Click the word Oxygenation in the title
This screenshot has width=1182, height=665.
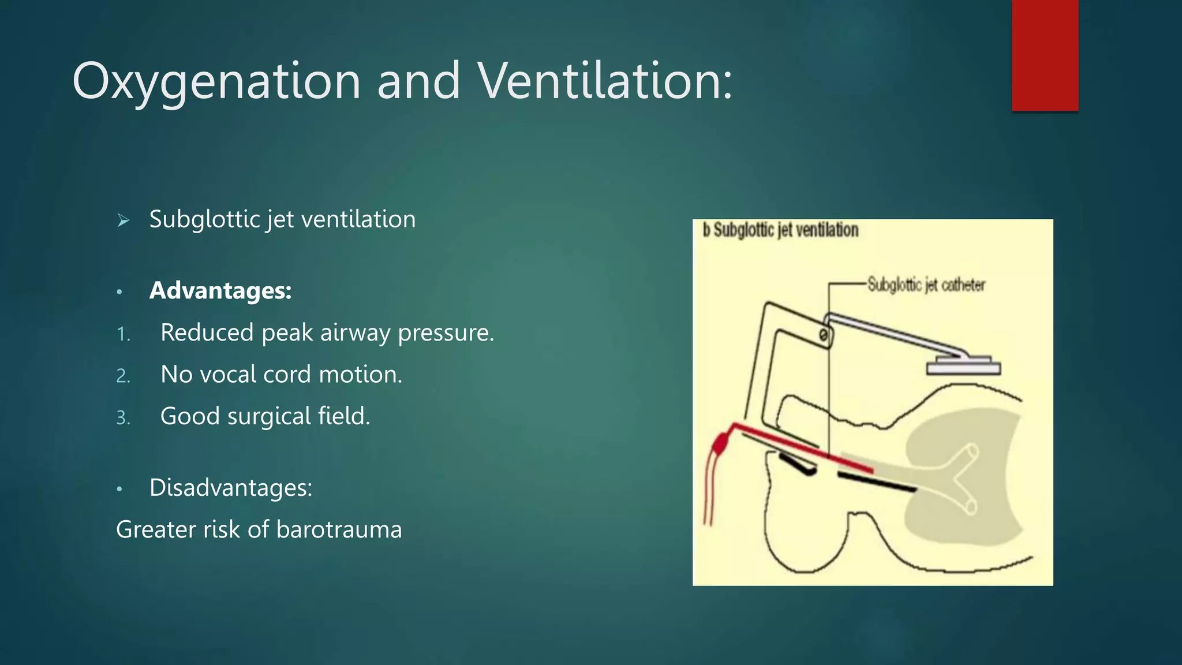pyautogui.click(x=216, y=82)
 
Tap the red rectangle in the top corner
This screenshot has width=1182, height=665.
pyautogui.click(x=1045, y=55)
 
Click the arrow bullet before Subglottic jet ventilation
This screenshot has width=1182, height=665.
pyautogui.click(x=123, y=220)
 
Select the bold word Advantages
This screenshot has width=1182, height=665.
pyautogui.click(x=220, y=290)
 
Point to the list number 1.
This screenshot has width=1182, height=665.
pyautogui.click(x=123, y=334)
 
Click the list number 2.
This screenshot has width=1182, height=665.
pyautogui.click(x=123, y=376)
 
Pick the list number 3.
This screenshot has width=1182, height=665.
pyautogui.click(x=123, y=417)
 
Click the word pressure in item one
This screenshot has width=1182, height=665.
pyautogui.click(x=446, y=333)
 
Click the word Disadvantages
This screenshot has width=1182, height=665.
pyautogui.click(x=230, y=488)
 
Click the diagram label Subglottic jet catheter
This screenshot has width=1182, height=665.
pyautogui.click(x=926, y=285)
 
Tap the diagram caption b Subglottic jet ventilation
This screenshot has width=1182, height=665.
pyautogui.click(x=780, y=230)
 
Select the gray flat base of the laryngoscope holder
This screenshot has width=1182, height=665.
pyautogui.click(x=963, y=368)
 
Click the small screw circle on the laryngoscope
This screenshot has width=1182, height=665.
pyautogui.click(x=824, y=335)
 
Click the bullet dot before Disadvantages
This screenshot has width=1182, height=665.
pyautogui.click(x=119, y=489)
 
